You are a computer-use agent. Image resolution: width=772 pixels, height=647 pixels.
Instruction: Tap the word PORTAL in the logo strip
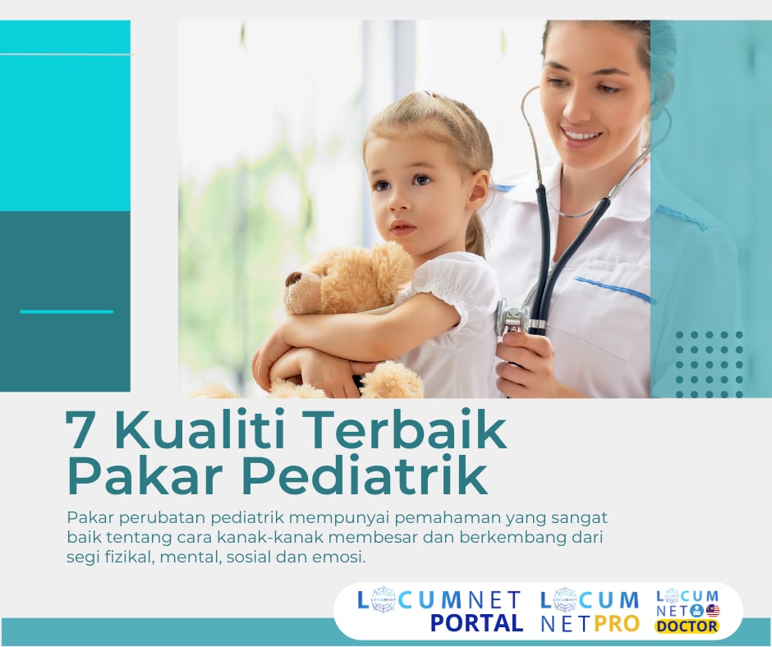[477, 623]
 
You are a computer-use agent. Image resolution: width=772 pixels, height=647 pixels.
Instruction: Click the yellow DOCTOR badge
[687, 626]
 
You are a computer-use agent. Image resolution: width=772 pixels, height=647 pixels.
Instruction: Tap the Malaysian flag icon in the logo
[712, 610]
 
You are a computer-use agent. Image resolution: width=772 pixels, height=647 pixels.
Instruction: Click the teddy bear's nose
[293, 279]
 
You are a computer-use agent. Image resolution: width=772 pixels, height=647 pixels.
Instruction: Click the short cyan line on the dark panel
[67, 311]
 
